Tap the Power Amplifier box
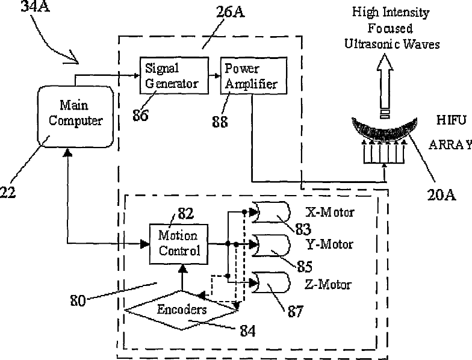coord(251,76)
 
